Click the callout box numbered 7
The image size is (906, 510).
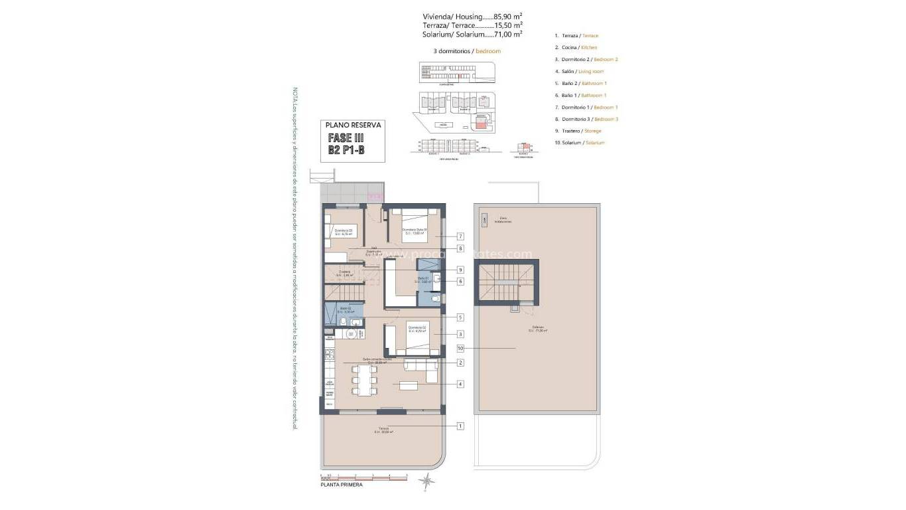pos(460,236)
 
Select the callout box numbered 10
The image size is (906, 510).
pos(460,348)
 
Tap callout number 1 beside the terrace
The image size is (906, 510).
pos(460,426)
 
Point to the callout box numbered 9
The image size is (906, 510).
pos(460,270)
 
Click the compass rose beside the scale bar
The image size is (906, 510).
pos(428,480)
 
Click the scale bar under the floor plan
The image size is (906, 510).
pos(363,476)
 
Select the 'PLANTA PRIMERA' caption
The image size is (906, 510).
pos(342,486)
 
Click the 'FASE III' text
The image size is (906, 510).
pos(346,138)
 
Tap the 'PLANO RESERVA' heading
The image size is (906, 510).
pos(352,124)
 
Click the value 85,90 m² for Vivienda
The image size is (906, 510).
pos(508,16)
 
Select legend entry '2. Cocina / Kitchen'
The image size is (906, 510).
pos(576,48)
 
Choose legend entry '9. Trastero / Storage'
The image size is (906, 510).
pos(578,131)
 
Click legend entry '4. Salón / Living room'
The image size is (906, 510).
pos(579,72)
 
